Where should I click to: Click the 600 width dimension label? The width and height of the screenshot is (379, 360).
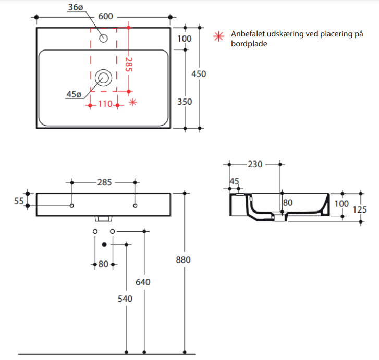(105, 16)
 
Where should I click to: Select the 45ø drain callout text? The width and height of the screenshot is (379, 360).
(74, 94)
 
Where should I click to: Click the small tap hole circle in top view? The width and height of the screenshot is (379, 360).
(103, 38)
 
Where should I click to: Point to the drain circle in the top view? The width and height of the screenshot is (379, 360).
(103, 78)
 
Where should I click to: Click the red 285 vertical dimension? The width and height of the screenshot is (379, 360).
(129, 65)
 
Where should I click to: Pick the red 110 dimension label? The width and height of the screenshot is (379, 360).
(105, 104)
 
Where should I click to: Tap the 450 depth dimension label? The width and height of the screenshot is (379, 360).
(199, 74)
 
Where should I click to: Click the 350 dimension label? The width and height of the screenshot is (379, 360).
(185, 102)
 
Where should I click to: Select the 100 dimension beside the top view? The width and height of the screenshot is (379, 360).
(185, 39)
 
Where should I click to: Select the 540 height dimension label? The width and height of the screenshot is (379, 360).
(125, 299)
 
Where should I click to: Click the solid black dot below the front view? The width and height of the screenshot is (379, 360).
(104, 244)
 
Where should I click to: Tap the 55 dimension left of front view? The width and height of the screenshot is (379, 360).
(19, 201)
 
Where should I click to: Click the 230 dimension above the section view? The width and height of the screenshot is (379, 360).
(254, 164)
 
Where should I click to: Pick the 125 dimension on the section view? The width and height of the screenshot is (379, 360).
(360, 209)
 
